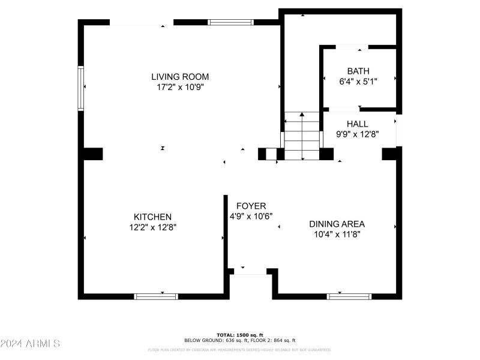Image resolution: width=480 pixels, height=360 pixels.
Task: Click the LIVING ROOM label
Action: [180, 76]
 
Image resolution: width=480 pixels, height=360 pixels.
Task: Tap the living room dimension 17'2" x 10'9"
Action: [180, 87]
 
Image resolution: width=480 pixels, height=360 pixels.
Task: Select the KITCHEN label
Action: [152, 217]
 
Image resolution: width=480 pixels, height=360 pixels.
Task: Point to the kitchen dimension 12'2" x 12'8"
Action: [152, 227]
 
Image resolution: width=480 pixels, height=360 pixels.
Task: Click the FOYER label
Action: [251, 206]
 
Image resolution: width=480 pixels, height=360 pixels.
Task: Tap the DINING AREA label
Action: [337, 224]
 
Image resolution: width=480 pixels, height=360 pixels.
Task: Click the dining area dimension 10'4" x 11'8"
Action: [337, 235]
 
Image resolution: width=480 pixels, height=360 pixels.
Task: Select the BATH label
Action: [358, 70]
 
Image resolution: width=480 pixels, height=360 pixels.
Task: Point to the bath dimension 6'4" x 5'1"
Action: [358, 80]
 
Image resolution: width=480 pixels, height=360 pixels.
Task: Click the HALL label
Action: [358, 124]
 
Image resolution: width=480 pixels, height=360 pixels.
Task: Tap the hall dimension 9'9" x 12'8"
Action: [358, 134]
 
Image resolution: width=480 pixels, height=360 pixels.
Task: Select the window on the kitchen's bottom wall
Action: [156, 296]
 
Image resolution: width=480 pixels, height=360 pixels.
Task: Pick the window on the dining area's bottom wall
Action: [349, 296]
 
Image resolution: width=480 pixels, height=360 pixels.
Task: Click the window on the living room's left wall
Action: [80, 88]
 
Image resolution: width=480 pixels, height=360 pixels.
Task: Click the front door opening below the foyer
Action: [250, 271]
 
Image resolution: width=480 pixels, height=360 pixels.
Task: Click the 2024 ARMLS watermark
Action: [30, 344]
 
